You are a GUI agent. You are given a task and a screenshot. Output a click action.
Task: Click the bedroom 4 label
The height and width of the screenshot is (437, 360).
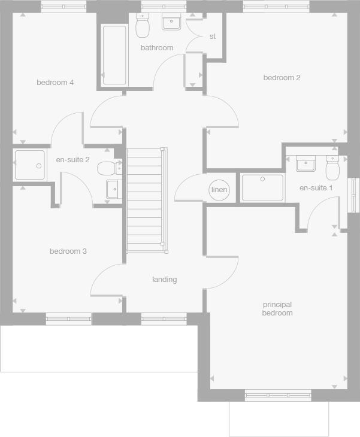click(55, 82)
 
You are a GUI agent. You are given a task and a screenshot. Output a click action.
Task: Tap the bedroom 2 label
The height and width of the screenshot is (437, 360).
click(282, 77)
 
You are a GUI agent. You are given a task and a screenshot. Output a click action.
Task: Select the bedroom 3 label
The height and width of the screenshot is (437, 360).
click(68, 251)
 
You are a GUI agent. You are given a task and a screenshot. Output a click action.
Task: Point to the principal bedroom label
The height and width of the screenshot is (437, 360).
click(277, 309)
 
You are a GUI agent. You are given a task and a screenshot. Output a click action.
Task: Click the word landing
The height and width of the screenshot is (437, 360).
click(164, 279)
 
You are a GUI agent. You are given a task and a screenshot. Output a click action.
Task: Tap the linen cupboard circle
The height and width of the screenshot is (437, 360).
click(219, 190)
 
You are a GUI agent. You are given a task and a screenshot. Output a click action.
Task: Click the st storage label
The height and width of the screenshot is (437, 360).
click(212, 37)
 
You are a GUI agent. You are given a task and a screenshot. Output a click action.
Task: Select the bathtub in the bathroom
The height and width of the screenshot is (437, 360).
click(114, 55)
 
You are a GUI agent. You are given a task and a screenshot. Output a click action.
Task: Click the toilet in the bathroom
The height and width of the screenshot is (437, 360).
click(143, 25)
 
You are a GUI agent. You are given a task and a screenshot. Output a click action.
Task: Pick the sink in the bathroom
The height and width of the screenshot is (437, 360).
click(171, 22)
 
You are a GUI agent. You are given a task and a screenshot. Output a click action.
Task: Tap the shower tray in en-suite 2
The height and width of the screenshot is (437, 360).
click(29, 165)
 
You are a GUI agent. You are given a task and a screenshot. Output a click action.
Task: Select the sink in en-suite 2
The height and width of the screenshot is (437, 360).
click(114, 189)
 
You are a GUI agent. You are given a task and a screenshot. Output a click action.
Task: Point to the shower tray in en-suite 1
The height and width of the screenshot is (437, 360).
click(262, 188)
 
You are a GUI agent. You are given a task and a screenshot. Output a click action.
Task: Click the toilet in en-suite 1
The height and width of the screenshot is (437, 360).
click(332, 169)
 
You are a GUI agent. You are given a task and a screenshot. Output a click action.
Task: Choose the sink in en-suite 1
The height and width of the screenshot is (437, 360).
click(306, 163)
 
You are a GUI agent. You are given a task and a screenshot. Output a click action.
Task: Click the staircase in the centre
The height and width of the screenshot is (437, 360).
click(145, 200)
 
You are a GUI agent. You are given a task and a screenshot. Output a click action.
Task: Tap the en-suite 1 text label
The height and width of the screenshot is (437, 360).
click(316, 188)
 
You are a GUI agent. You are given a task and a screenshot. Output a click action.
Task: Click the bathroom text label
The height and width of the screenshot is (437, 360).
click(157, 47)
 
